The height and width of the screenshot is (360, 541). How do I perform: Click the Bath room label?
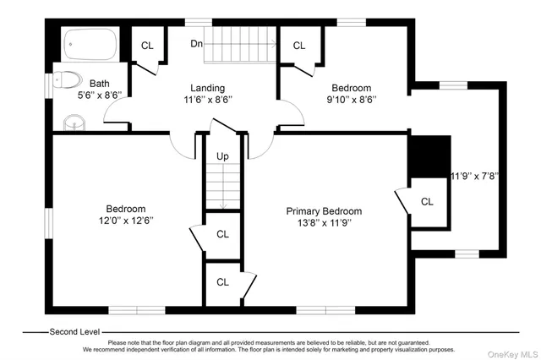pos(100,84)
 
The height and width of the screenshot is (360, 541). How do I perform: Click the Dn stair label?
pos(196,43)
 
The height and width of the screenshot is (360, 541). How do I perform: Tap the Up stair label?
pos(222,156)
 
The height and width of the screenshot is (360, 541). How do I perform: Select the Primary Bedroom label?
pos(324,211)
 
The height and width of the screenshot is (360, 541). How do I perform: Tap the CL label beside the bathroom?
pos(147,46)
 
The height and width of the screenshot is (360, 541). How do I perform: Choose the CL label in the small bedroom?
pos(298,46)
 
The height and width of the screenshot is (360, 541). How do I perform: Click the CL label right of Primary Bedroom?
pos(427,201)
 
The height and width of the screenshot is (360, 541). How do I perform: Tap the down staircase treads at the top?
pos(243,43)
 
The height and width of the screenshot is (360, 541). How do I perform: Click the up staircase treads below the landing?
pos(222,187)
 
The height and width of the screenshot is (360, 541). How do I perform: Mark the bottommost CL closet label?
pos(223,282)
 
